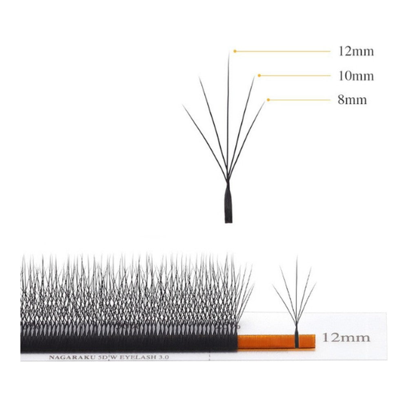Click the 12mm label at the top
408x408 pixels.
point(356,51)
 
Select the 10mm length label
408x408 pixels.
point(356,76)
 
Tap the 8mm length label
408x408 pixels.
point(353,100)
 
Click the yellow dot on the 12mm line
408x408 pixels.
point(235,51)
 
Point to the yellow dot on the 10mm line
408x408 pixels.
point(259,75)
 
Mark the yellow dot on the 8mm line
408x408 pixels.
point(268,100)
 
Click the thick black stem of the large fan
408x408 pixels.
point(228,203)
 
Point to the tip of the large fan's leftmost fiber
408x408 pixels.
point(183,105)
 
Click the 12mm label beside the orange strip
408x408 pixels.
point(346,337)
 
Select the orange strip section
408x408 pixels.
point(276,341)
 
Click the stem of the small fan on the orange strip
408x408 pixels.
point(297,336)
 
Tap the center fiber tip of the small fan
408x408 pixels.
point(297,256)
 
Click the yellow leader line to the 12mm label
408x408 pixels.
point(283,51)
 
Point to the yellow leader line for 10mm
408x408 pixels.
point(295,75)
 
